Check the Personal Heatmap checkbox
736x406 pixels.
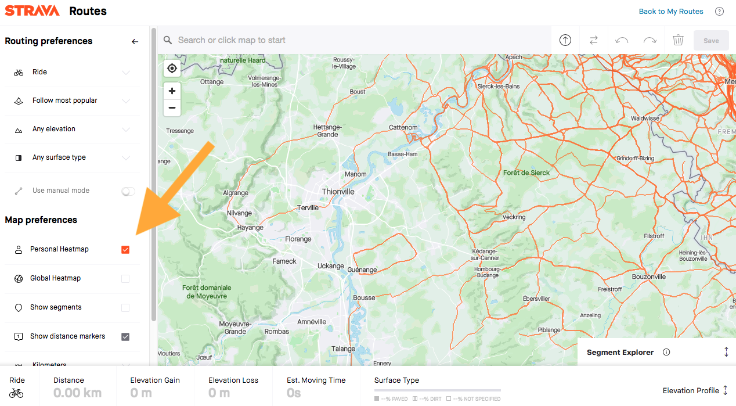click(125, 250)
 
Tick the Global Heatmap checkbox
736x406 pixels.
click(125, 279)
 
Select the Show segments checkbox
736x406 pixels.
click(125, 308)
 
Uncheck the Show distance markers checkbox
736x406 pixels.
click(125, 337)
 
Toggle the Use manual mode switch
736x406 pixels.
click(128, 191)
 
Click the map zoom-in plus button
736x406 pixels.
click(172, 91)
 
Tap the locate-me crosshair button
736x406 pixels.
click(172, 69)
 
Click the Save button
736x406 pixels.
click(711, 41)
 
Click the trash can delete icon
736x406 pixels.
click(678, 40)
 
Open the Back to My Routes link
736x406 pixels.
click(670, 12)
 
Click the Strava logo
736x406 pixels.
click(33, 11)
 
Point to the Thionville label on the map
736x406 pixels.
click(338, 192)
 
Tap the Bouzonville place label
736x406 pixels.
click(648, 277)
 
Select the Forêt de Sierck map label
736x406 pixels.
click(526, 173)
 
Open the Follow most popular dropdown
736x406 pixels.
click(72, 101)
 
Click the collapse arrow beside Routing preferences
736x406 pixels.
click(135, 42)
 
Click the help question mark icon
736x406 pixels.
click(719, 12)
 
